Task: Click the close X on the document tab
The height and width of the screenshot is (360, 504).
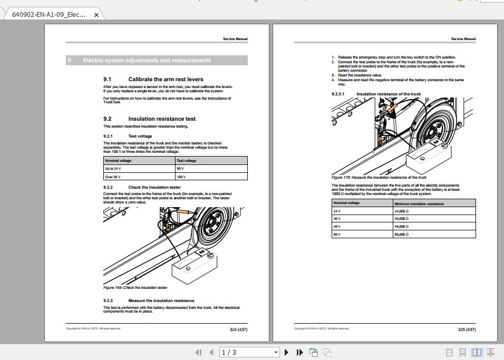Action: tap(96, 15)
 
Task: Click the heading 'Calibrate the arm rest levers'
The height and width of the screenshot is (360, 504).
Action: tap(166, 79)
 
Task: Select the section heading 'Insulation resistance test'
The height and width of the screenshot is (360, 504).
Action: tap(162, 119)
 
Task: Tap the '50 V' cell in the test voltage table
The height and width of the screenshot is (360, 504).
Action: tap(180, 169)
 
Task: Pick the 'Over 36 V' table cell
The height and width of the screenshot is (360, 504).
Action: tap(113, 177)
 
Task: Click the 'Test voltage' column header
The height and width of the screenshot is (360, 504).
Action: tap(186, 160)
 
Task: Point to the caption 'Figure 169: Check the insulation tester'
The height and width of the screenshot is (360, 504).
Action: tap(135, 288)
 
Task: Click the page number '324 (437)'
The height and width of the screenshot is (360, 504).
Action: tap(238, 329)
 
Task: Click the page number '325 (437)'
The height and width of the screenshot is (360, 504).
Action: tap(467, 329)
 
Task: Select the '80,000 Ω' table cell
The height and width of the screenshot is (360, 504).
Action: tap(402, 234)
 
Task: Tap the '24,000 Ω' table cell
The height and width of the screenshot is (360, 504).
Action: tap(402, 211)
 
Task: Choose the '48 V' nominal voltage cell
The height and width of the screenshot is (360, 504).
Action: tap(337, 226)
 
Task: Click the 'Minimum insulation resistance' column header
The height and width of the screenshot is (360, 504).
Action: tap(419, 203)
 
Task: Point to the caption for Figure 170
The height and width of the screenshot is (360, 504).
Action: tap(379, 178)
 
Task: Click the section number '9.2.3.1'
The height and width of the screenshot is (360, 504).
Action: tap(338, 94)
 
